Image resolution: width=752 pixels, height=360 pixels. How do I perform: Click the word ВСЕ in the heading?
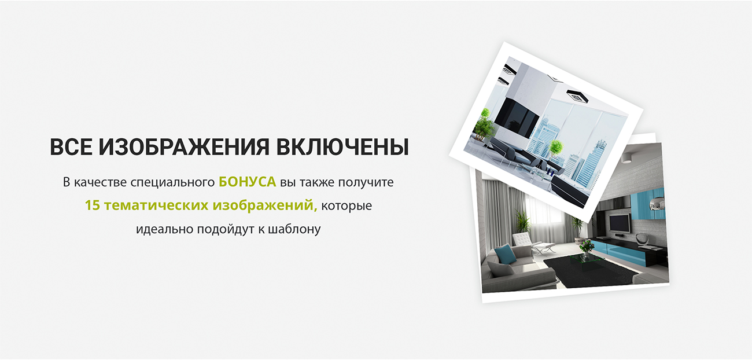coord(71,147)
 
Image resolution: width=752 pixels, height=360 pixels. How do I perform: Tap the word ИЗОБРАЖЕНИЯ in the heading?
coord(185,147)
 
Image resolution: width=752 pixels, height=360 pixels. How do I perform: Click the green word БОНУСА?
coord(248,182)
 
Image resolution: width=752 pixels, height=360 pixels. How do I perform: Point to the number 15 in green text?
coord(93,205)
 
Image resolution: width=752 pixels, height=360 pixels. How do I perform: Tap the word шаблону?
coord(294,229)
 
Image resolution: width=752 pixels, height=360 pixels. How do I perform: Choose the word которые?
coord(346,206)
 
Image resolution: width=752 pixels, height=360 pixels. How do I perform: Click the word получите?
coord(366,182)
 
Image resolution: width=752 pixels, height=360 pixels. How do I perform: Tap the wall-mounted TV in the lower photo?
coord(620,223)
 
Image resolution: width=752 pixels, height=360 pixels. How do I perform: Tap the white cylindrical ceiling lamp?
coord(626,159)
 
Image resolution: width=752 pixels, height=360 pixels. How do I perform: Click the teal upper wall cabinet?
coord(647,204)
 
